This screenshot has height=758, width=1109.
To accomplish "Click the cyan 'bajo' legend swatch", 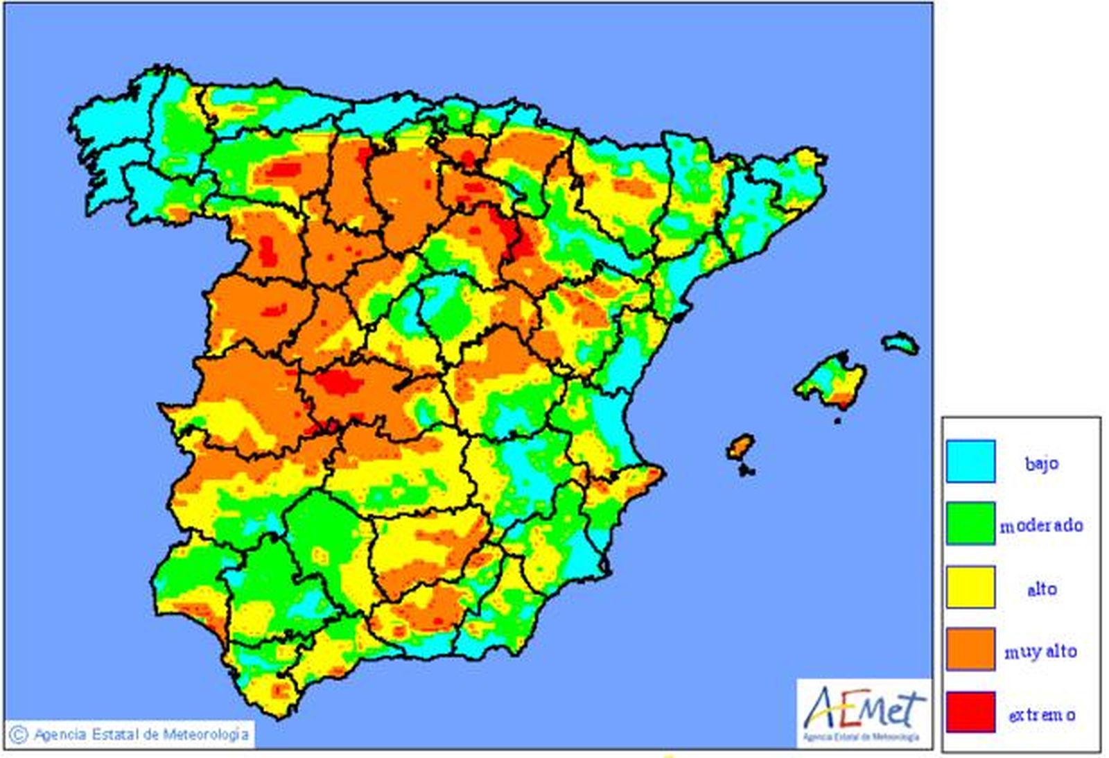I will [x=970, y=461].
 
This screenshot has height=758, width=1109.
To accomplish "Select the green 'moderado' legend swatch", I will [x=970, y=524].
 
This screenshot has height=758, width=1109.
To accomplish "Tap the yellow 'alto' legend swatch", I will [x=970, y=587].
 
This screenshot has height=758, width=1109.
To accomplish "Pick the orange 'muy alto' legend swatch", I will [x=970, y=650].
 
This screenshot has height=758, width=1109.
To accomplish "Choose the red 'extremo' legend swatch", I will [x=970, y=712].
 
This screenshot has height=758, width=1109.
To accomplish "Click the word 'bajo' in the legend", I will [x=1041, y=463].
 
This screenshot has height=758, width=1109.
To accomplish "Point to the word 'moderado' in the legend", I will [x=1041, y=526].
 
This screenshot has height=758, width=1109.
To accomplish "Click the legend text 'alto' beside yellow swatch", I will [x=1041, y=589].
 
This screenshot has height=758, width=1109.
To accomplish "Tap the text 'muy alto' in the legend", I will [x=1041, y=651].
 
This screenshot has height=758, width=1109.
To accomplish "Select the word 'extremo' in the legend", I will [x=1041, y=714].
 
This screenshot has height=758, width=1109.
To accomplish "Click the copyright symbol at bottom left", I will [x=19, y=734].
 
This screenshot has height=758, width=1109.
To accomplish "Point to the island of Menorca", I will [x=900, y=343].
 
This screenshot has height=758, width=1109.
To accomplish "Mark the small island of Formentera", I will [x=746, y=471].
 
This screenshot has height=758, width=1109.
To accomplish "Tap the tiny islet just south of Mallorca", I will [x=837, y=420].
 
